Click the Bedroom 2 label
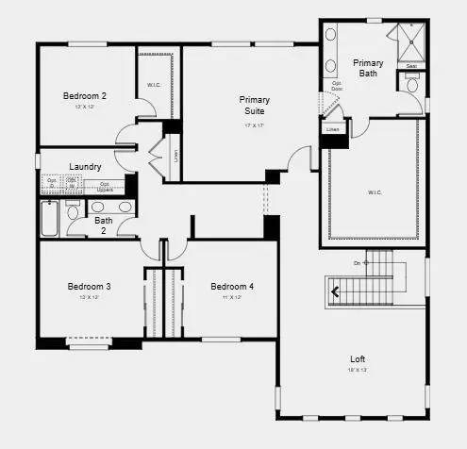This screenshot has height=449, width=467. click(x=84, y=95)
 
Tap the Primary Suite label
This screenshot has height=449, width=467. click(x=255, y=105)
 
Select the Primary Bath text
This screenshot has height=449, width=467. click(x=368, y=69)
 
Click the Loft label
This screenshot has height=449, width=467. click(x=358, y=358)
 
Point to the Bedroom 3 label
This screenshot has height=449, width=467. click(x=89, y=286)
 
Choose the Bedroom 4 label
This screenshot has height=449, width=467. click(x=231, y=286)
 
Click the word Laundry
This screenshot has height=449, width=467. click(x=85, y=167)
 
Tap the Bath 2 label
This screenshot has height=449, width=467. click(x=103, y=226)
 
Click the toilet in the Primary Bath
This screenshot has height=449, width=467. click(x=412, y=85)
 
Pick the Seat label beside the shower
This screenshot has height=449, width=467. click(x=411, y=66)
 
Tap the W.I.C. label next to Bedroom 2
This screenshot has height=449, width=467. click(x=154, y=86)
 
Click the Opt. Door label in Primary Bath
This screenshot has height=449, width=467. click(x=336, y=86)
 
